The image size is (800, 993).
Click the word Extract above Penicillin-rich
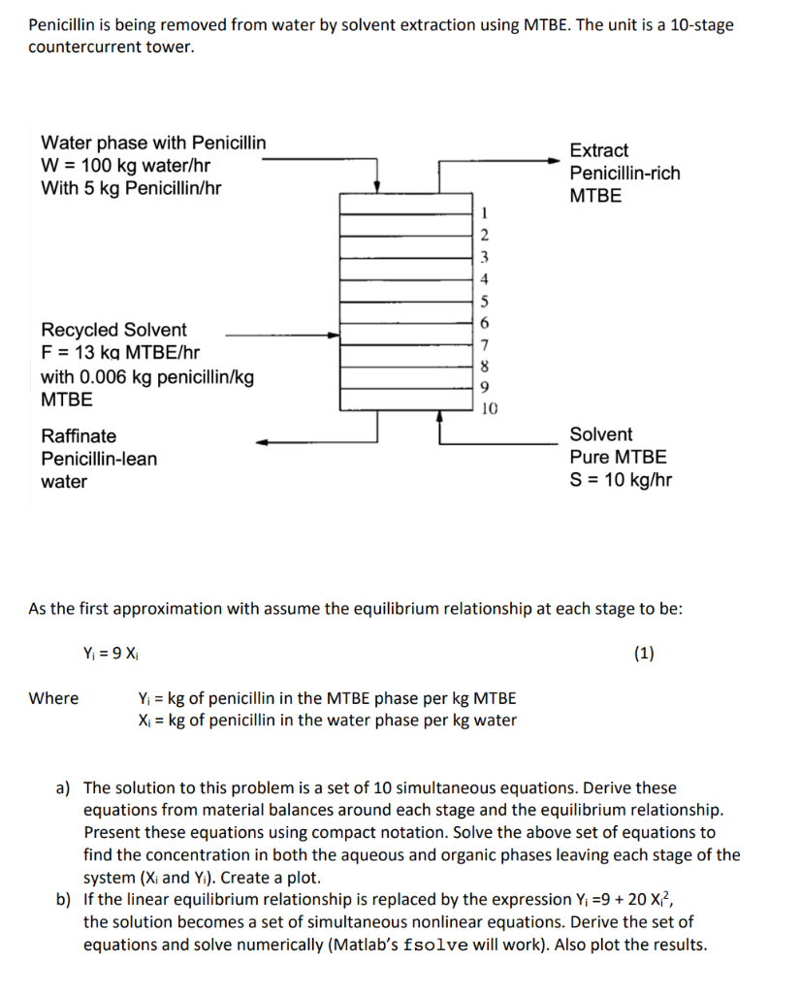[x=598, y=150]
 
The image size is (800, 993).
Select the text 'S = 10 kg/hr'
[x=621, y=480]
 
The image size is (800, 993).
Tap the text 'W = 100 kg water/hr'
[x=126, y=166]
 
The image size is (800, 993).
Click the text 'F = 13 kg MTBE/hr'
[x=120, y=353]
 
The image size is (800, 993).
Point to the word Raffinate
[x=79, y=436]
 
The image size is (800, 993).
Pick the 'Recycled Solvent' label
[x=113, y=330]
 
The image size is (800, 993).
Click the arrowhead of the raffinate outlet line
[x=263, y=443]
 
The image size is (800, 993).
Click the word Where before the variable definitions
[x=54, y=698]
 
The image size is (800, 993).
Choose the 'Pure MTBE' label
[x=618, y=457]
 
